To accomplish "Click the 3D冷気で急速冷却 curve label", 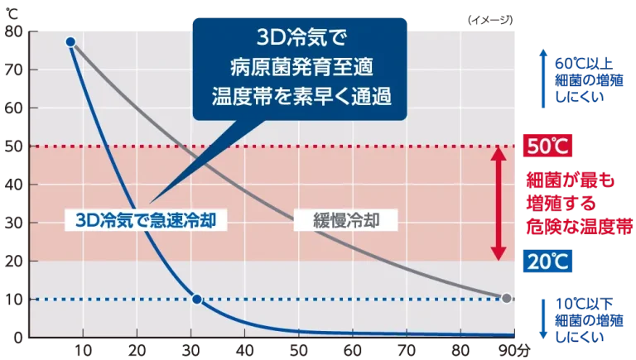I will click(x=146, y=219).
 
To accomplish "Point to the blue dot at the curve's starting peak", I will click(x=70, y=41).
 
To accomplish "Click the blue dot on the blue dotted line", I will click(x=197, y=298).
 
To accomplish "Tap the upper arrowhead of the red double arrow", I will click(x=498, y=152).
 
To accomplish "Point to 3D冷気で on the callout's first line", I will click(x=300, y=39).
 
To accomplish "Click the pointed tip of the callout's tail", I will click(x=152, y=201).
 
